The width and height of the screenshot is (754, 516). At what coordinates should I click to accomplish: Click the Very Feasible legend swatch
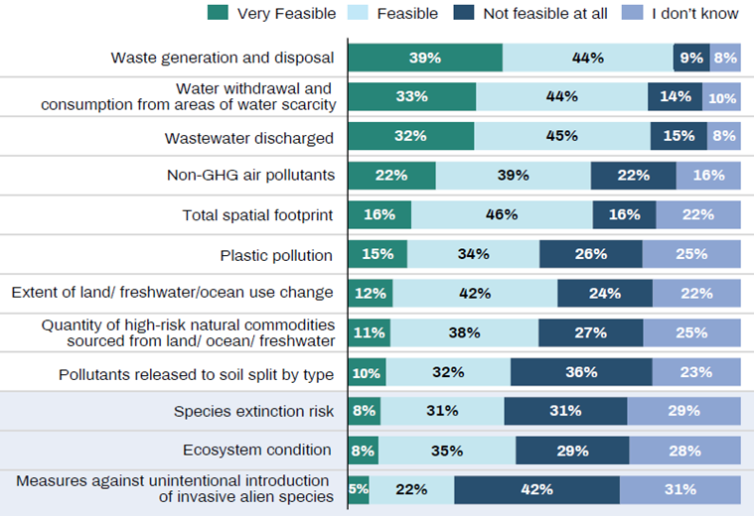219,13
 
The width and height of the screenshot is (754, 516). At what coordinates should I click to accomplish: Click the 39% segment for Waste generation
425,58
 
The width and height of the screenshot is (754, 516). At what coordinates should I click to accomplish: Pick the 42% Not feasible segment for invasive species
536,489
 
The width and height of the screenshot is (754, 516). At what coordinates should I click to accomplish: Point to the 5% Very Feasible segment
359,489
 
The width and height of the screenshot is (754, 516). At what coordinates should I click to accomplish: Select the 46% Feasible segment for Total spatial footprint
502,214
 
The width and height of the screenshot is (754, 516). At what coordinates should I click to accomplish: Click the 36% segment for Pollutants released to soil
581,372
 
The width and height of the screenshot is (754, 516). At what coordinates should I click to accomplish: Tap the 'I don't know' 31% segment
680,489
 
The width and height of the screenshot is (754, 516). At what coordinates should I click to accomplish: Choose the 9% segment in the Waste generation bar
691,58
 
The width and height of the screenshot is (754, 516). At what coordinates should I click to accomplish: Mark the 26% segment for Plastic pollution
590,254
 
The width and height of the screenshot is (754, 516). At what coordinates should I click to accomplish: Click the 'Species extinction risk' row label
253,411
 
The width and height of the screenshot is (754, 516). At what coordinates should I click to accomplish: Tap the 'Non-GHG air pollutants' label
249,176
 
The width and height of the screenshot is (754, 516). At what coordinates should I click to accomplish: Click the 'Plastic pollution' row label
276,255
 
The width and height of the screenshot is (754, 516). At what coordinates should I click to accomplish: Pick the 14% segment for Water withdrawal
675,97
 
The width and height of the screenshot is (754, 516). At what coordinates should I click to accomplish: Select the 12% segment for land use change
371,293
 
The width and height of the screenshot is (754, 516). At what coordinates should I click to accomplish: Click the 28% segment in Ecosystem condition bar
684,451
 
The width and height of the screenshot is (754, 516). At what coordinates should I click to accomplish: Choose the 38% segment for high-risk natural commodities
464,332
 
